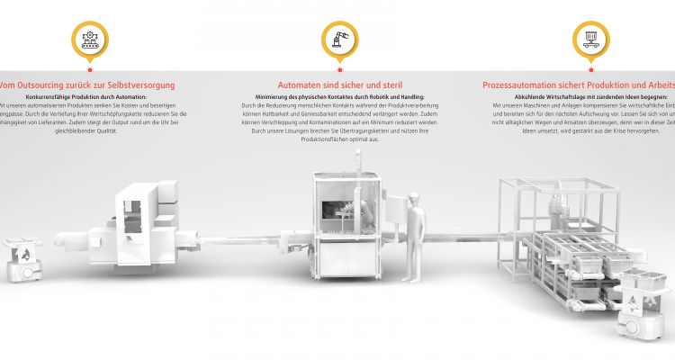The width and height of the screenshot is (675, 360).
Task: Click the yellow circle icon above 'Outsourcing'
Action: [89, 38]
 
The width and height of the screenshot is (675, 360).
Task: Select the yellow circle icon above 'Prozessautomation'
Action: [590, 38]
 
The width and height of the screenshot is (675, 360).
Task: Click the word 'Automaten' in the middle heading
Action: [301, 85]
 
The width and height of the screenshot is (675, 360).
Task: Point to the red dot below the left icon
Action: [89, 68]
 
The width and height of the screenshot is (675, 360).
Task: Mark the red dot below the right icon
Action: [590, 68]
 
